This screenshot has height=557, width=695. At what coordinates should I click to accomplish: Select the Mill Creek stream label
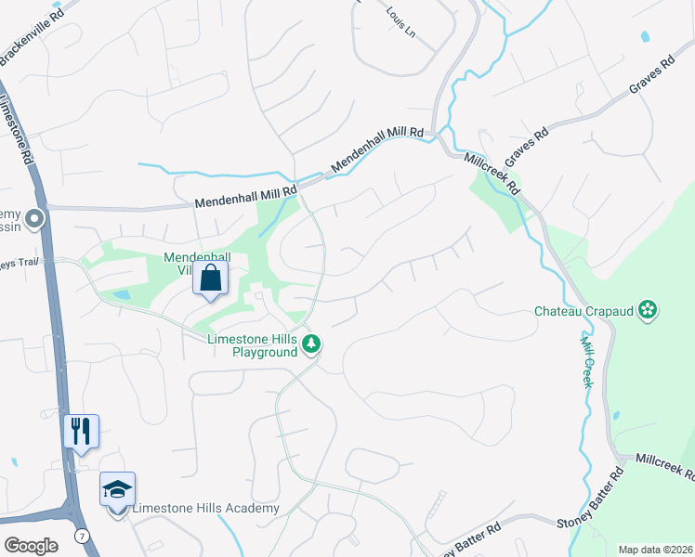click(587, 362)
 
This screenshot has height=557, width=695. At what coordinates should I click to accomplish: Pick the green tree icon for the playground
click(311, 345)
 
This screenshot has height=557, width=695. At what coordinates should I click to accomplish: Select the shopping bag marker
click(211, 278)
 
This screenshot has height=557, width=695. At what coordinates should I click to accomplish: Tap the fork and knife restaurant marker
click(81, 432)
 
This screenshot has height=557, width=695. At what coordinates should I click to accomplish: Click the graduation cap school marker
click(118, 489)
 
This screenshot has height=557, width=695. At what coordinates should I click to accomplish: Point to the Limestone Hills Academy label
click(205, 508)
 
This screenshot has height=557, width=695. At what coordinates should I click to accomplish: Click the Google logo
click(32, 546)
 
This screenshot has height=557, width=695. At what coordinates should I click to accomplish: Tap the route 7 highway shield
click(84, 536)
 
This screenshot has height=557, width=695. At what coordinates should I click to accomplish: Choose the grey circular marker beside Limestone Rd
click(35, 220)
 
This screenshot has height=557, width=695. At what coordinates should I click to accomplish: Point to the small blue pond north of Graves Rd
click(644, 37)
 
